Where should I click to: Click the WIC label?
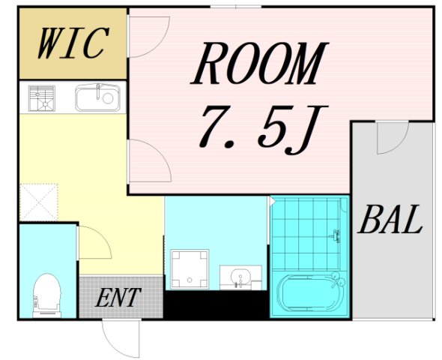pos(73,43)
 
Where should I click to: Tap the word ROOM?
pos(259,64)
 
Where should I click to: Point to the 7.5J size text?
pos(263,130)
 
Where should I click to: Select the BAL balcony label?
pos(391,219)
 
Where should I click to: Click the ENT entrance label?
pos(118,297)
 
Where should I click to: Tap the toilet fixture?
pos(46,295)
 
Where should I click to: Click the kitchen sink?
pos(97,97)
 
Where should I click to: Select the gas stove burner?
pos(42,98)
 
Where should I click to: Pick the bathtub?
pos(310,293)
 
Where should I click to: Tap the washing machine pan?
pos(190,268)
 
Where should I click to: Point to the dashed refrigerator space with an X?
pos(39,202)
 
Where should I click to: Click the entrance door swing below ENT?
pos(121,337)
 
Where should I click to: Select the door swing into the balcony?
pos(393,137)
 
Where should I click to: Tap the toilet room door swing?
pos(94,242)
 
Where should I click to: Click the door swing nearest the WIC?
pos(148,37)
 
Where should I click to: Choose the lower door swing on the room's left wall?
pos(149,160)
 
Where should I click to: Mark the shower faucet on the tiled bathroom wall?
pos(336,235)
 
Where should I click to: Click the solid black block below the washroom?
pos(217,304)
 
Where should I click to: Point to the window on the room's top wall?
pos(236,7)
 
